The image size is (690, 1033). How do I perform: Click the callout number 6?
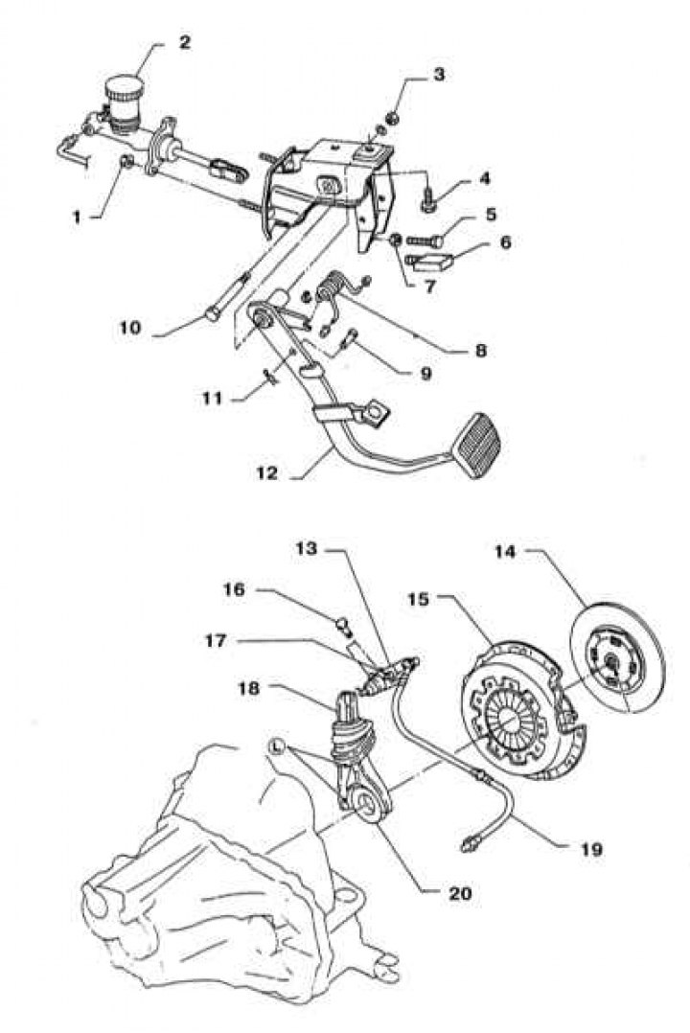coord(504,242)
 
